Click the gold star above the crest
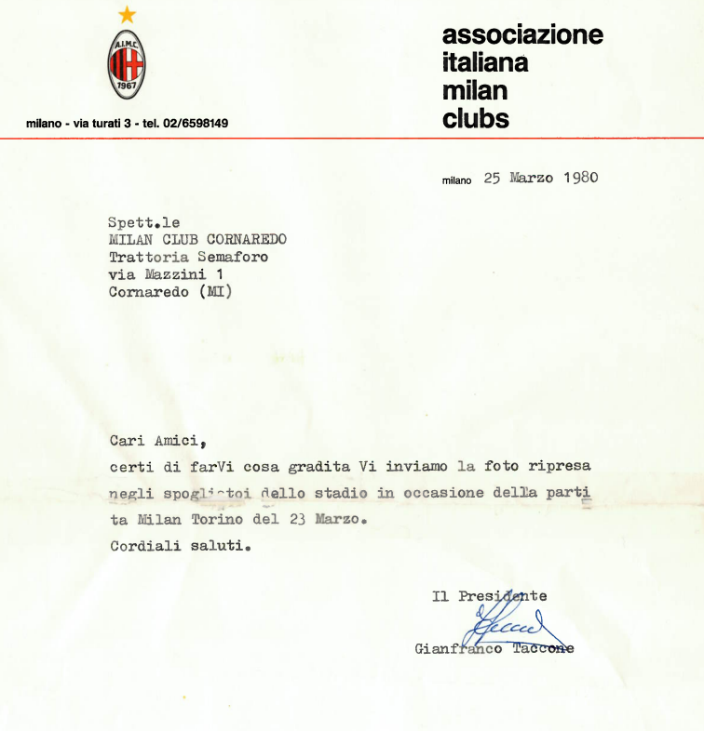coord(128,14)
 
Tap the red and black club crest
coord(128,64)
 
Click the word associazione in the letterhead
coord(522,35)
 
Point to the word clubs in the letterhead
coord(476,118)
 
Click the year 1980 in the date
coord(578,178)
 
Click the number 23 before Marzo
coord(298,521)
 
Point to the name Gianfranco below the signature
coord(458,648)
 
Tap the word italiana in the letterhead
coord(484,63)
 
